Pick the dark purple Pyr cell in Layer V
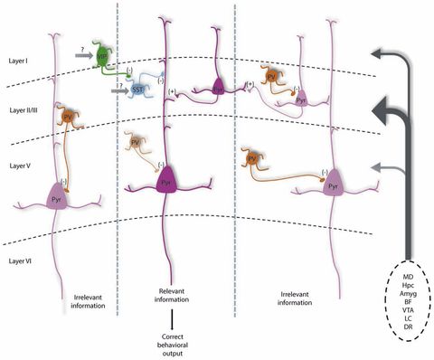tap(165, 180)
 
